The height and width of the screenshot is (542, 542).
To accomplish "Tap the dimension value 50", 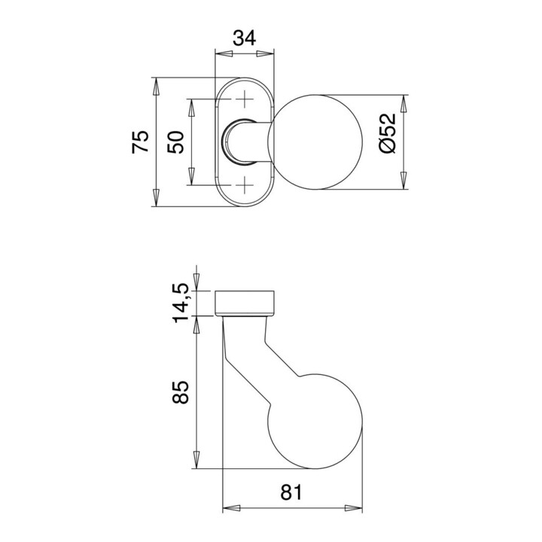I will tap(175, 142).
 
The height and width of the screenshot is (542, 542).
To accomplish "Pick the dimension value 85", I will tap(181, 391).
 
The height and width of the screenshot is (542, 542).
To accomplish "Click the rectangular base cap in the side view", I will tap(245, 302).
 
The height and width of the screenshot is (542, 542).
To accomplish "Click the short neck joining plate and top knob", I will tap(248, 142).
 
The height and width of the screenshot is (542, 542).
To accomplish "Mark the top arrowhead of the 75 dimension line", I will tap(157, 85).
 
